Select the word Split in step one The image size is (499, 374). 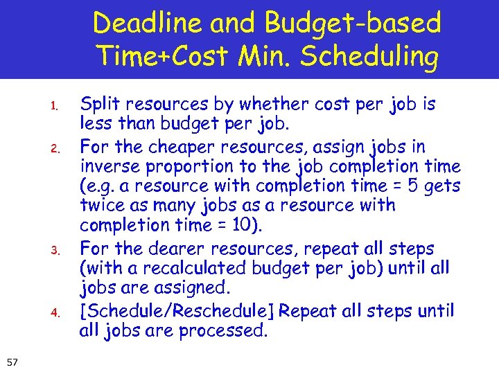97,105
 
